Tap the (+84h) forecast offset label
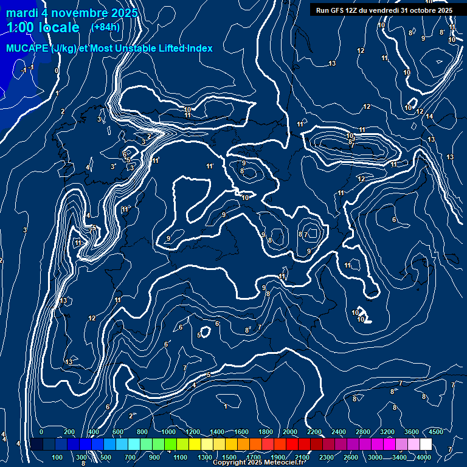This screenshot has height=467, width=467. click(x=105, y=27)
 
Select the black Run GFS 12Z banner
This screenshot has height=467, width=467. click(x=384, y=10)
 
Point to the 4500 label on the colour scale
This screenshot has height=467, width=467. click(x=435, y=432)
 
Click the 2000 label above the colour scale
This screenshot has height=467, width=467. click(x=290, y=432)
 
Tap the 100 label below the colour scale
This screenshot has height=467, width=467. click(x=57, y=457)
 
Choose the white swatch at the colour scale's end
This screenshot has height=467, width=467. click(x=426, y=445)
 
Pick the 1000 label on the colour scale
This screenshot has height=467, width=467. click(x=168, y=432)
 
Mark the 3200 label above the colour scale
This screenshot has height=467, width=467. click(x=387, y=432)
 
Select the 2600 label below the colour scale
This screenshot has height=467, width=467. click(x=351, y=457)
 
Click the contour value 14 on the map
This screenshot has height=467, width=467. click(x=429, y=116)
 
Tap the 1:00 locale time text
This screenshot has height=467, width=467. click(x=43, y=27)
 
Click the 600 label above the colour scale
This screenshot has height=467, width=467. click(x=118, y=432)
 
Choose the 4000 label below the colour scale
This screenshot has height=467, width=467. click(x=424, y=457)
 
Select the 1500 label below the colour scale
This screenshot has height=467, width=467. click(x=229, y=457)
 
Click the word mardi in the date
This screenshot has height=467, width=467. click(x=22, y=13)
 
